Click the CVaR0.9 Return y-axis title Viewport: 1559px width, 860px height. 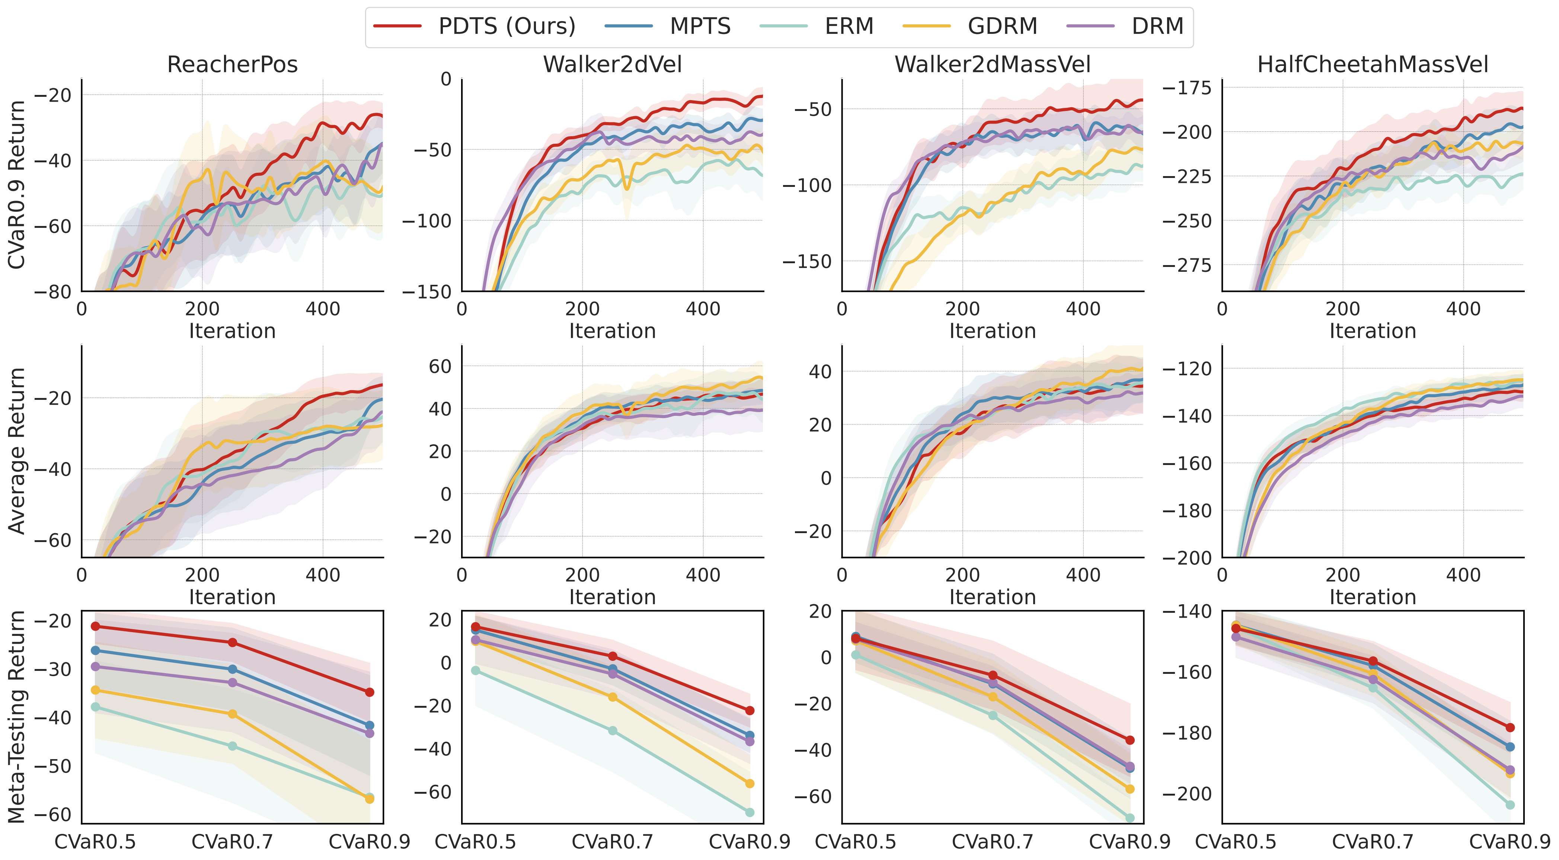tap(17, 185)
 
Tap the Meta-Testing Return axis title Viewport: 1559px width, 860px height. tap(17, 717)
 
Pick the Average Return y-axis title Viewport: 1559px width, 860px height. tap(17, 451)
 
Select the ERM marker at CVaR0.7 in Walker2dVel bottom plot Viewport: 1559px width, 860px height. tap(613, 730)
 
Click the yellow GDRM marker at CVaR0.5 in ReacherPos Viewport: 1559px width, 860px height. tap(95, 690)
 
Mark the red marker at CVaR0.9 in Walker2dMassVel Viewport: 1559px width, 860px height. tap(1129, 740)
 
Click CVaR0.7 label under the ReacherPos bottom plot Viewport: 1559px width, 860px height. tap(232, 842)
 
